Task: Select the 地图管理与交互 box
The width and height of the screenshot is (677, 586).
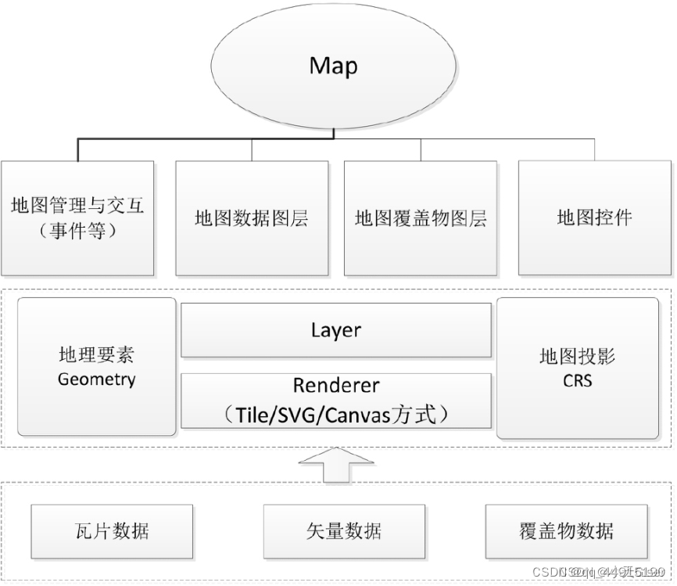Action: [77, 218]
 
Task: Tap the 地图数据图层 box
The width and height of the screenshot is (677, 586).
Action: [252, 218]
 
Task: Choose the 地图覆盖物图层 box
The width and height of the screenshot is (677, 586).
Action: [421, 218]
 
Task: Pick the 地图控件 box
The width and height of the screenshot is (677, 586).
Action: [594, 218]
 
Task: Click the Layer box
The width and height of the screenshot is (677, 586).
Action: [336, 330]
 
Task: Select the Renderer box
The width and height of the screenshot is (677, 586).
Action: [336, 400]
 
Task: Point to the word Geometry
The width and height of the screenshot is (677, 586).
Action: [97, 380]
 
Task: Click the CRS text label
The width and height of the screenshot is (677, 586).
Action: [578, 381]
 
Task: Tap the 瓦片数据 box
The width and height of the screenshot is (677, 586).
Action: [112, 531]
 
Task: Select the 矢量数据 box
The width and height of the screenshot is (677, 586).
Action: [344, 531]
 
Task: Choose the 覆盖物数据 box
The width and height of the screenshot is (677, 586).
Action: [567, 531]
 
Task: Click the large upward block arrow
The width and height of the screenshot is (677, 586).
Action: [336, 466]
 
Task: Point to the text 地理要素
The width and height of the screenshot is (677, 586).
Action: [97, 356]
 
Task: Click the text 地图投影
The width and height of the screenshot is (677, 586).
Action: [578, 357]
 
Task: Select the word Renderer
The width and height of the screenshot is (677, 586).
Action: [336, 386]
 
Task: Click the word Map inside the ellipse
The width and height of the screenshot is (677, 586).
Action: [334, 65]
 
